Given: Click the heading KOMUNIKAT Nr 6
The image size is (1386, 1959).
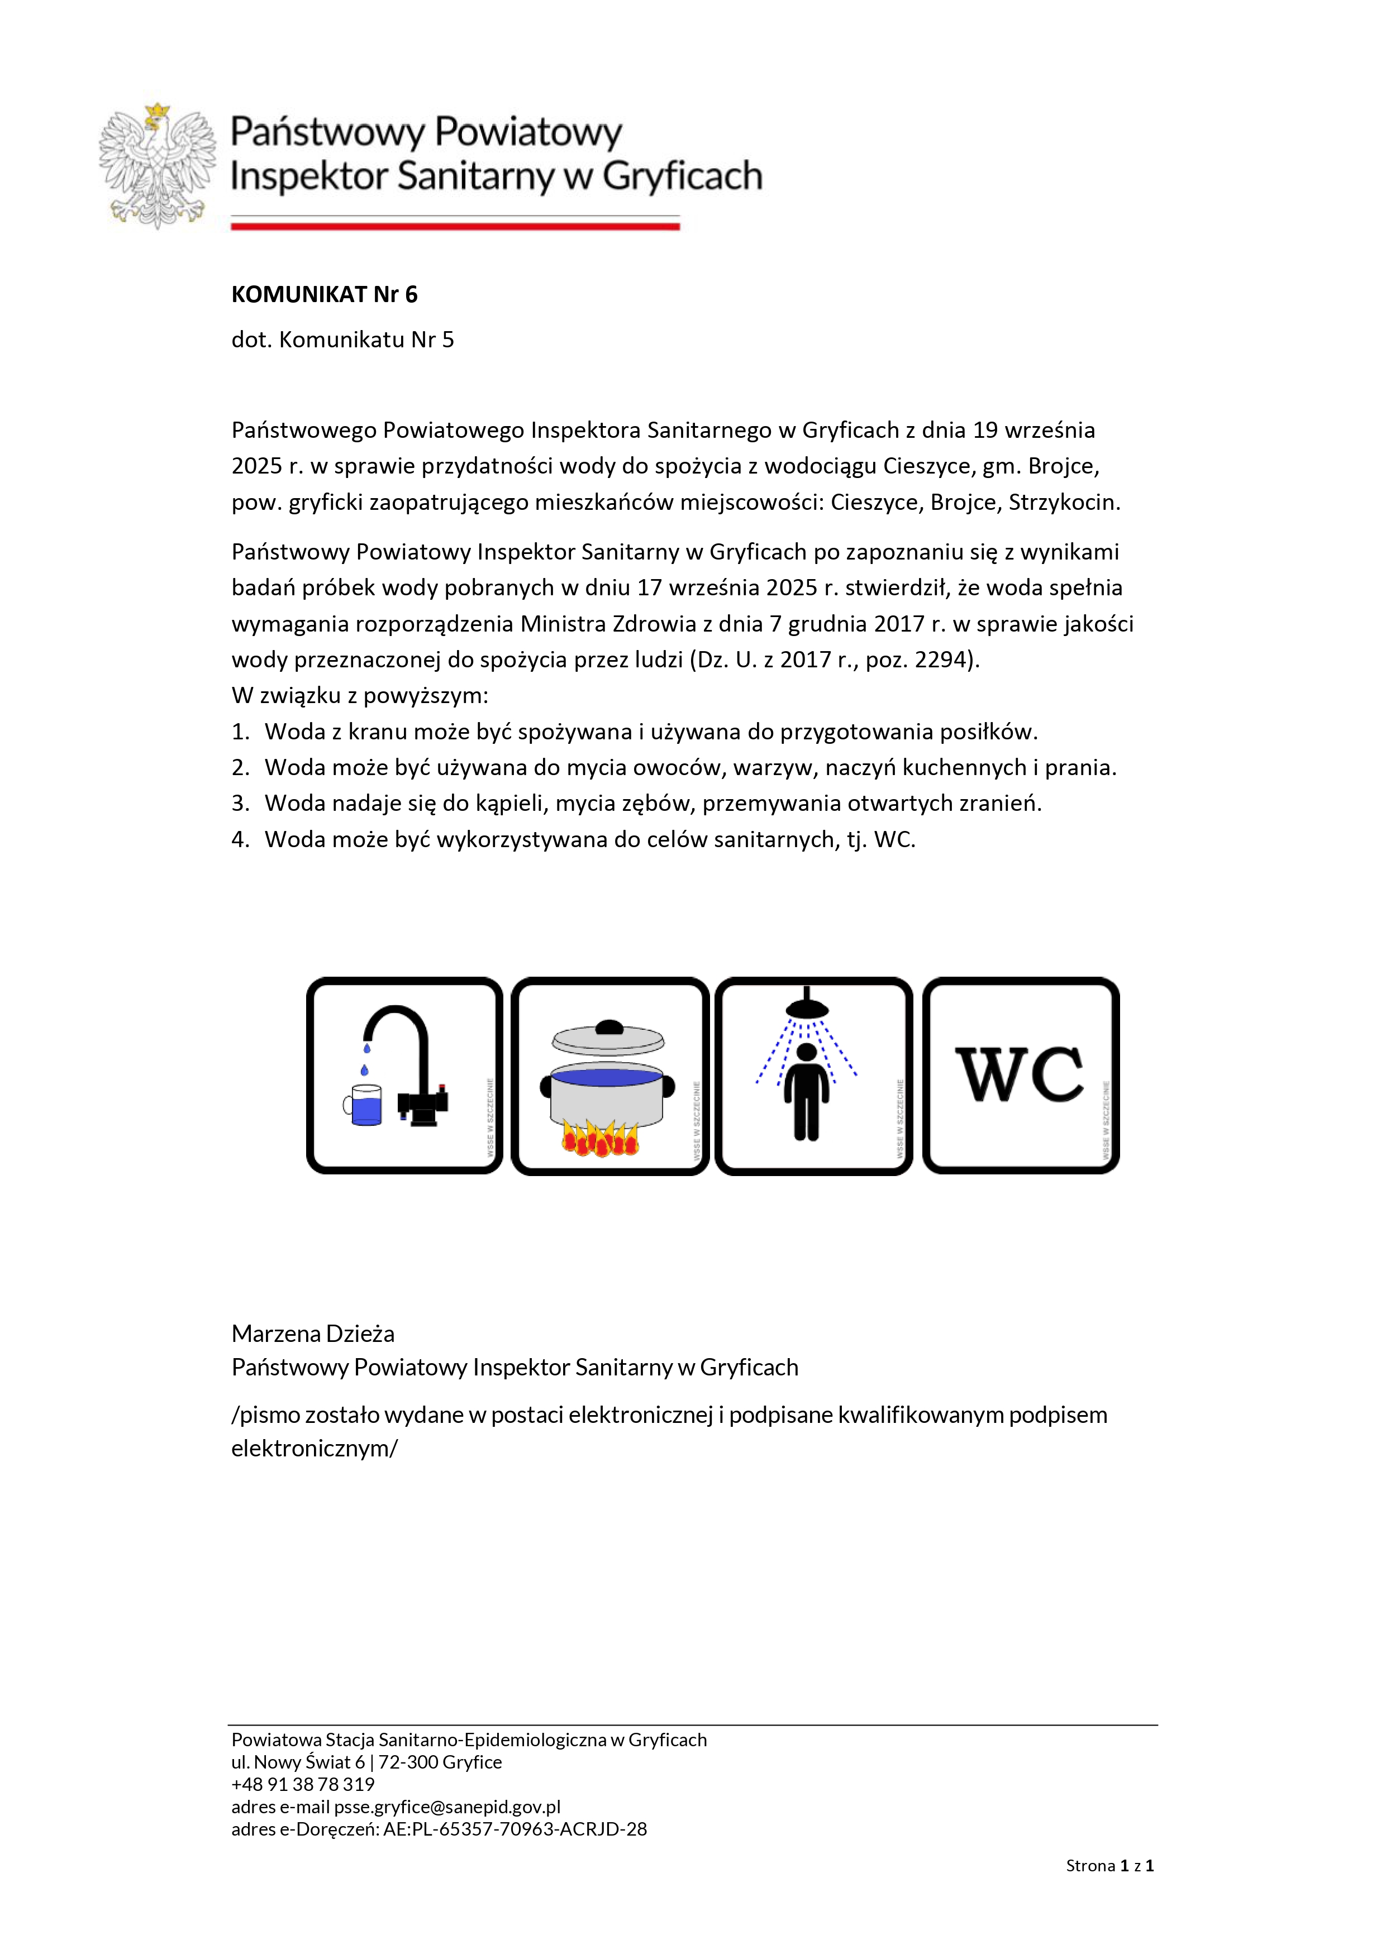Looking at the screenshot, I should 325,294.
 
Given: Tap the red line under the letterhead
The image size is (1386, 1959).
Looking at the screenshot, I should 455,226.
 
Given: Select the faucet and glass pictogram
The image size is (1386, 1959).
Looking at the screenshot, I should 404,1075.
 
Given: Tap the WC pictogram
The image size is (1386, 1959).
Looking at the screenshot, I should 1021,1075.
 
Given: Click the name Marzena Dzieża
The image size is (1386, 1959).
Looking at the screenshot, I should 312,1333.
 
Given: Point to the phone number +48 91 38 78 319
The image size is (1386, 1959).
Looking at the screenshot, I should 303,1784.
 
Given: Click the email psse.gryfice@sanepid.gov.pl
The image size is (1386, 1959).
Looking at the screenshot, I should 446,1807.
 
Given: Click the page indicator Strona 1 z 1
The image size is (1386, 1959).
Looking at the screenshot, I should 1109,1865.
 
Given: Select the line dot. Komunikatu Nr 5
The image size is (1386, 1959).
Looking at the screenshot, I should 342,340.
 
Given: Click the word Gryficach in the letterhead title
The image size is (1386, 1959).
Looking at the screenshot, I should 682,176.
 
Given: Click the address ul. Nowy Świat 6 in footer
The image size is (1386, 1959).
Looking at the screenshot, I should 298,1762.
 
